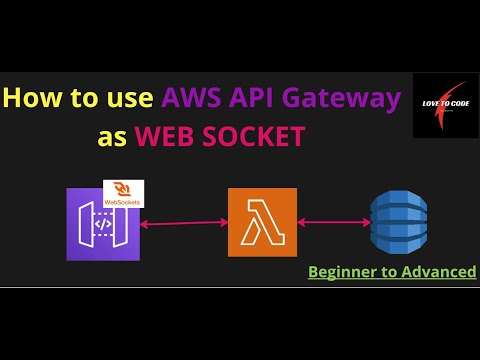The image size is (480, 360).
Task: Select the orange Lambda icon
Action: (x=262, y=222)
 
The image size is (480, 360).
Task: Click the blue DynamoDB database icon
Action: (x=398, y=222)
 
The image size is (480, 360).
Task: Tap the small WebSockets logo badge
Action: (x=123, y=193)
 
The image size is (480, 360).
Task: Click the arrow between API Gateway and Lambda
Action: (x=184, y=223)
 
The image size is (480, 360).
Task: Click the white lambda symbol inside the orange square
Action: (x=262, y=222)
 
